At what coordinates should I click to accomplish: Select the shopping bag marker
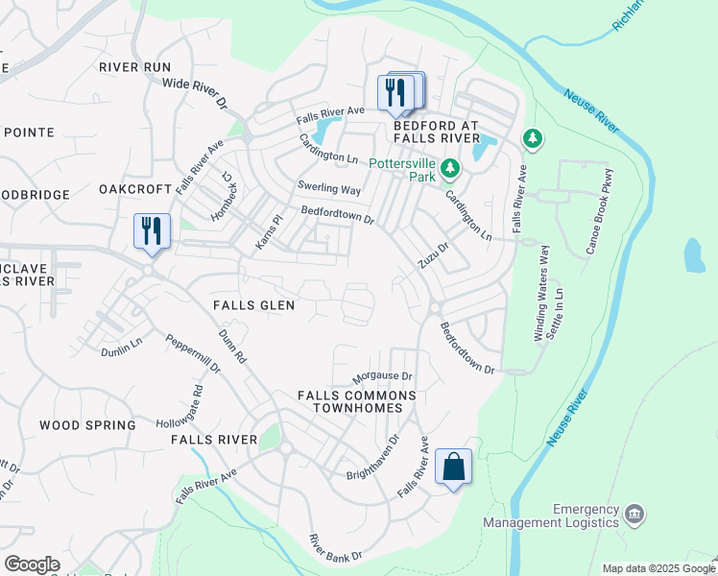point(453,468)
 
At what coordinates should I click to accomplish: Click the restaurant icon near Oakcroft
point(152,231)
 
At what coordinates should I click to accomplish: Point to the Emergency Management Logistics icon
point(634,515)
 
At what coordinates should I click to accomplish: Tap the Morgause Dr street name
point(382,376)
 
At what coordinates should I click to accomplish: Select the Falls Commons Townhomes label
point(357,401)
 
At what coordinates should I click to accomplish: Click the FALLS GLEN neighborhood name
point(253,304)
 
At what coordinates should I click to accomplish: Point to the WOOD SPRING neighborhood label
point(87,424)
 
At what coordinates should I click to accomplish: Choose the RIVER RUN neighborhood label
point(134,66)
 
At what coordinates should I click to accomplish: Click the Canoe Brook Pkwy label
point(598,212)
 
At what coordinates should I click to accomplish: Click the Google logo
point(32,564)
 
